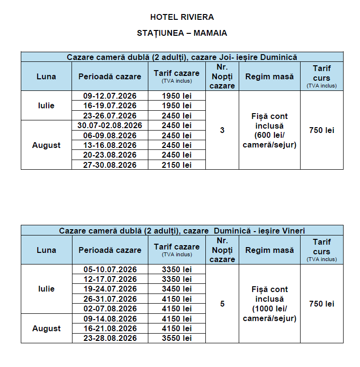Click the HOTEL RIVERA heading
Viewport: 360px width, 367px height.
(182, 17)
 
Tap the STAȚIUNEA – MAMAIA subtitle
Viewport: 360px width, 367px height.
(182, 33)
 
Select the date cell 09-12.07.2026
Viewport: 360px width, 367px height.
(110, 96)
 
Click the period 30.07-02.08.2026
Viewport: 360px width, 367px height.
(110, 125)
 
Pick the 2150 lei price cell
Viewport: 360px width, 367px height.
(176, 165)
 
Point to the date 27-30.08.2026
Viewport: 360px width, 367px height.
(110, 165)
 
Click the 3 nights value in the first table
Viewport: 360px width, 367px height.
(222, 130)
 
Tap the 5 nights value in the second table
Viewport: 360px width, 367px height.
(222, 304)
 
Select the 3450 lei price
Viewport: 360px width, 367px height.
(176, 289)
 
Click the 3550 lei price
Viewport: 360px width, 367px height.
(176, 338)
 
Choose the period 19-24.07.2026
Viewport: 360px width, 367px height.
(110, 289)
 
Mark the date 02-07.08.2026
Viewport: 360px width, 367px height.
(110, 308)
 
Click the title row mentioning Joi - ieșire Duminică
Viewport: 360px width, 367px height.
(182, 57)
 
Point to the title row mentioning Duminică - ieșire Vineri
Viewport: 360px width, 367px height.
(182, 231)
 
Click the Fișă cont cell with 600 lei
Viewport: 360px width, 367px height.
(269, 130)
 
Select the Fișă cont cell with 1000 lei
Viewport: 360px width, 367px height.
(269, 304)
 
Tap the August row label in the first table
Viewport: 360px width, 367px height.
(46, 145)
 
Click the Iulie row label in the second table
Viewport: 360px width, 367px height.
(46, 289)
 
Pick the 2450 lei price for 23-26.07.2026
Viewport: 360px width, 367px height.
(176, 116)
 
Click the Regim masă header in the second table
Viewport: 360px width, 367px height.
(269, 250)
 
